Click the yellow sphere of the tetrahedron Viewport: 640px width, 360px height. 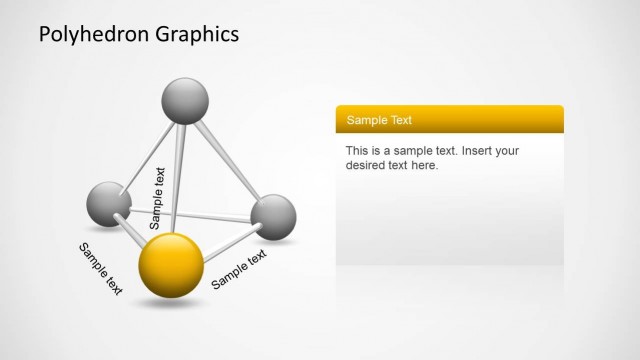point(170,265)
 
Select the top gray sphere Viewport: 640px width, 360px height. point(185,100)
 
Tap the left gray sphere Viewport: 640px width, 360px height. point(110,203)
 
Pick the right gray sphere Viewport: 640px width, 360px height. point(273,217)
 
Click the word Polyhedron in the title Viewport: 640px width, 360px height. point(94,35)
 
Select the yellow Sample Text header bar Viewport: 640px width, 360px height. point(449,120)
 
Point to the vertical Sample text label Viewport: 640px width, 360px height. point(157,198)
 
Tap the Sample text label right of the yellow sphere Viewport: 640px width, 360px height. point(239,269)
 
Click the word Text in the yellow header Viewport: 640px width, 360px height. point(398,120)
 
